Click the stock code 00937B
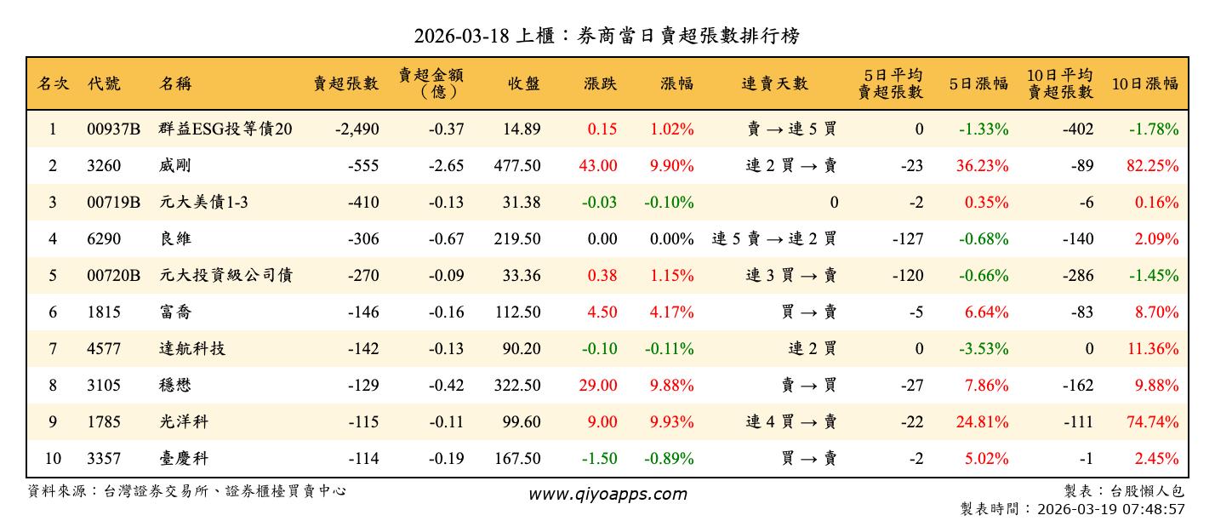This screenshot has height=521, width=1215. (113, 129)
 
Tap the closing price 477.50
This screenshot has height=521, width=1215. (516, 166)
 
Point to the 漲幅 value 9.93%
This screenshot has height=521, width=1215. (671, 422)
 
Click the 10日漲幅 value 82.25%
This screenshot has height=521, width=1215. (1152, 166)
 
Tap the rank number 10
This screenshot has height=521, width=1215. (53, 459)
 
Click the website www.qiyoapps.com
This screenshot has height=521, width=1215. (607, 494)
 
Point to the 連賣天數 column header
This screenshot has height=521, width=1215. (774, 83)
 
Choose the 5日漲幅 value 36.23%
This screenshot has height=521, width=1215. (982, 166)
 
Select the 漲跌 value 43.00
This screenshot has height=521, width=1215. (598, 166)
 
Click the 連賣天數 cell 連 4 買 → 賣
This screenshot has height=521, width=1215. (791, 422)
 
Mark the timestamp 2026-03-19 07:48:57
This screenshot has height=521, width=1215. (1112, 509)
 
